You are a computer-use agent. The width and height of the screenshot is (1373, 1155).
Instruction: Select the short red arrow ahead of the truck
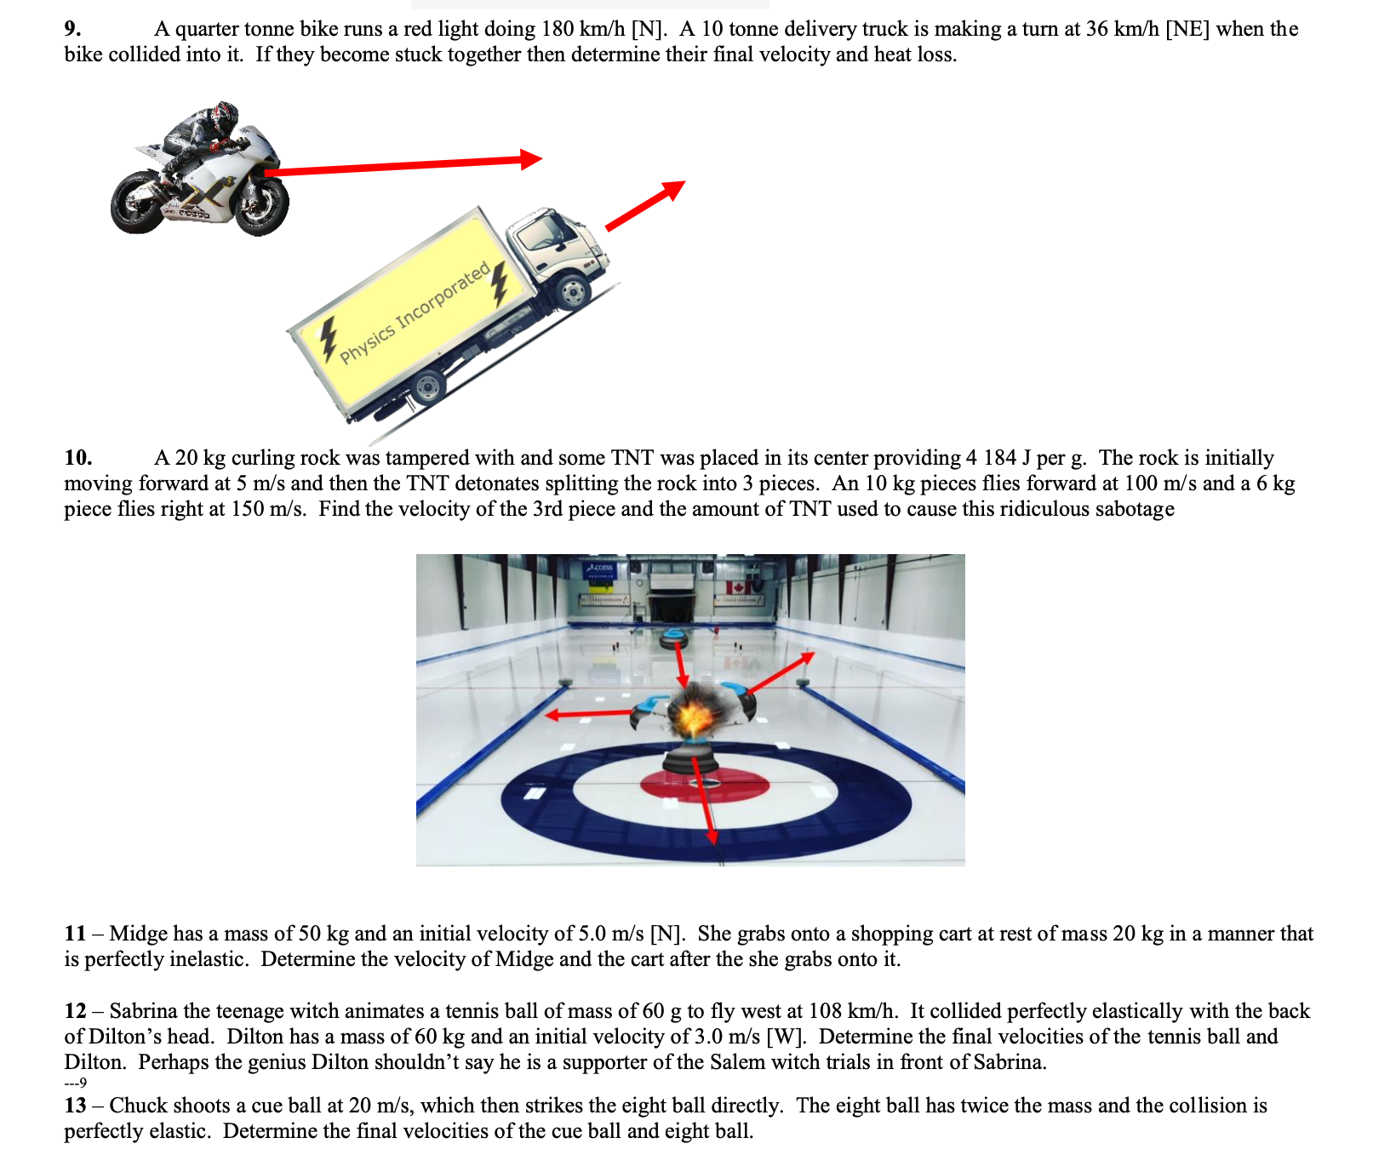pos(644,205)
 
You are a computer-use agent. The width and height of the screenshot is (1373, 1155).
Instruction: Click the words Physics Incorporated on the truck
pos(415,312)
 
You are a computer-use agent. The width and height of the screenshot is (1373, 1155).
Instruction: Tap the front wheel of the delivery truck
pos(572,292)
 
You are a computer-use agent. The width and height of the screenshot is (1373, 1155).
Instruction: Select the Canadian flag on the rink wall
pos(736,587)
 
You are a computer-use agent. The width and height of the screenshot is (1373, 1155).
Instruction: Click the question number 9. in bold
pos(73,29)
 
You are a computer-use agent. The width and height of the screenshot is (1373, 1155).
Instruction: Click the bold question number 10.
pos(77,458)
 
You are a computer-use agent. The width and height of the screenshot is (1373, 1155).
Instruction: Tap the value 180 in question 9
pos(558,29)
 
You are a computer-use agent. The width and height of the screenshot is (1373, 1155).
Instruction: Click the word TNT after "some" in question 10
pos(632,458)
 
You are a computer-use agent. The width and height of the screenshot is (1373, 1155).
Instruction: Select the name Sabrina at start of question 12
pos(143,1011)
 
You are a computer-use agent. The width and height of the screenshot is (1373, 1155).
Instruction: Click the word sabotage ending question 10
pos(1135,509)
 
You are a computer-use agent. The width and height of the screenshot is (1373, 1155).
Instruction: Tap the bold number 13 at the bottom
pos(75,1106)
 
